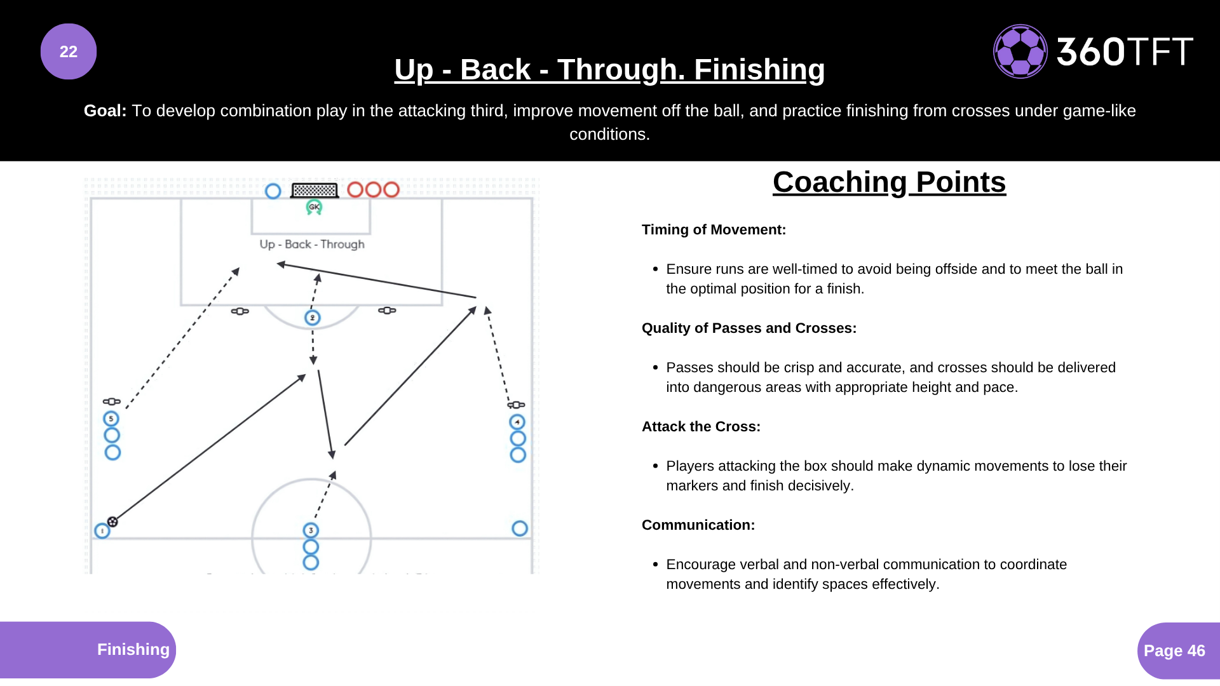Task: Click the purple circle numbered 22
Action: (69, 51)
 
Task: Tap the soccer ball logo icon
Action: (1020, 51)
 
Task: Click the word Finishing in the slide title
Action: (759, 70)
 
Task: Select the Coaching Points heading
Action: (889, 182)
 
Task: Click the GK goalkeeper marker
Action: (314, 207)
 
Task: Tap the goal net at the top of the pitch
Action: (315, 190)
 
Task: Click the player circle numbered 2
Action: (313, 318)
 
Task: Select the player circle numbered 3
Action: (311, 530)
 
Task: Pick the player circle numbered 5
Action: (111, 419)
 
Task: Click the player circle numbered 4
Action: (517, 422)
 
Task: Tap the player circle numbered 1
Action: (102, 531)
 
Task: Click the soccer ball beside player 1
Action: (112, 521)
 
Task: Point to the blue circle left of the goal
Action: (273, 191)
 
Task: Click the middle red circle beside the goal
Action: (373, 189)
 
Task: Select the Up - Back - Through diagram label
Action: (312, 245)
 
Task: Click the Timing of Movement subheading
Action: (714, 230)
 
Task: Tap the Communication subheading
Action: (698, 525)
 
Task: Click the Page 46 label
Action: (1174, 650)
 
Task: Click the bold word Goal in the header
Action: (105, 111)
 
